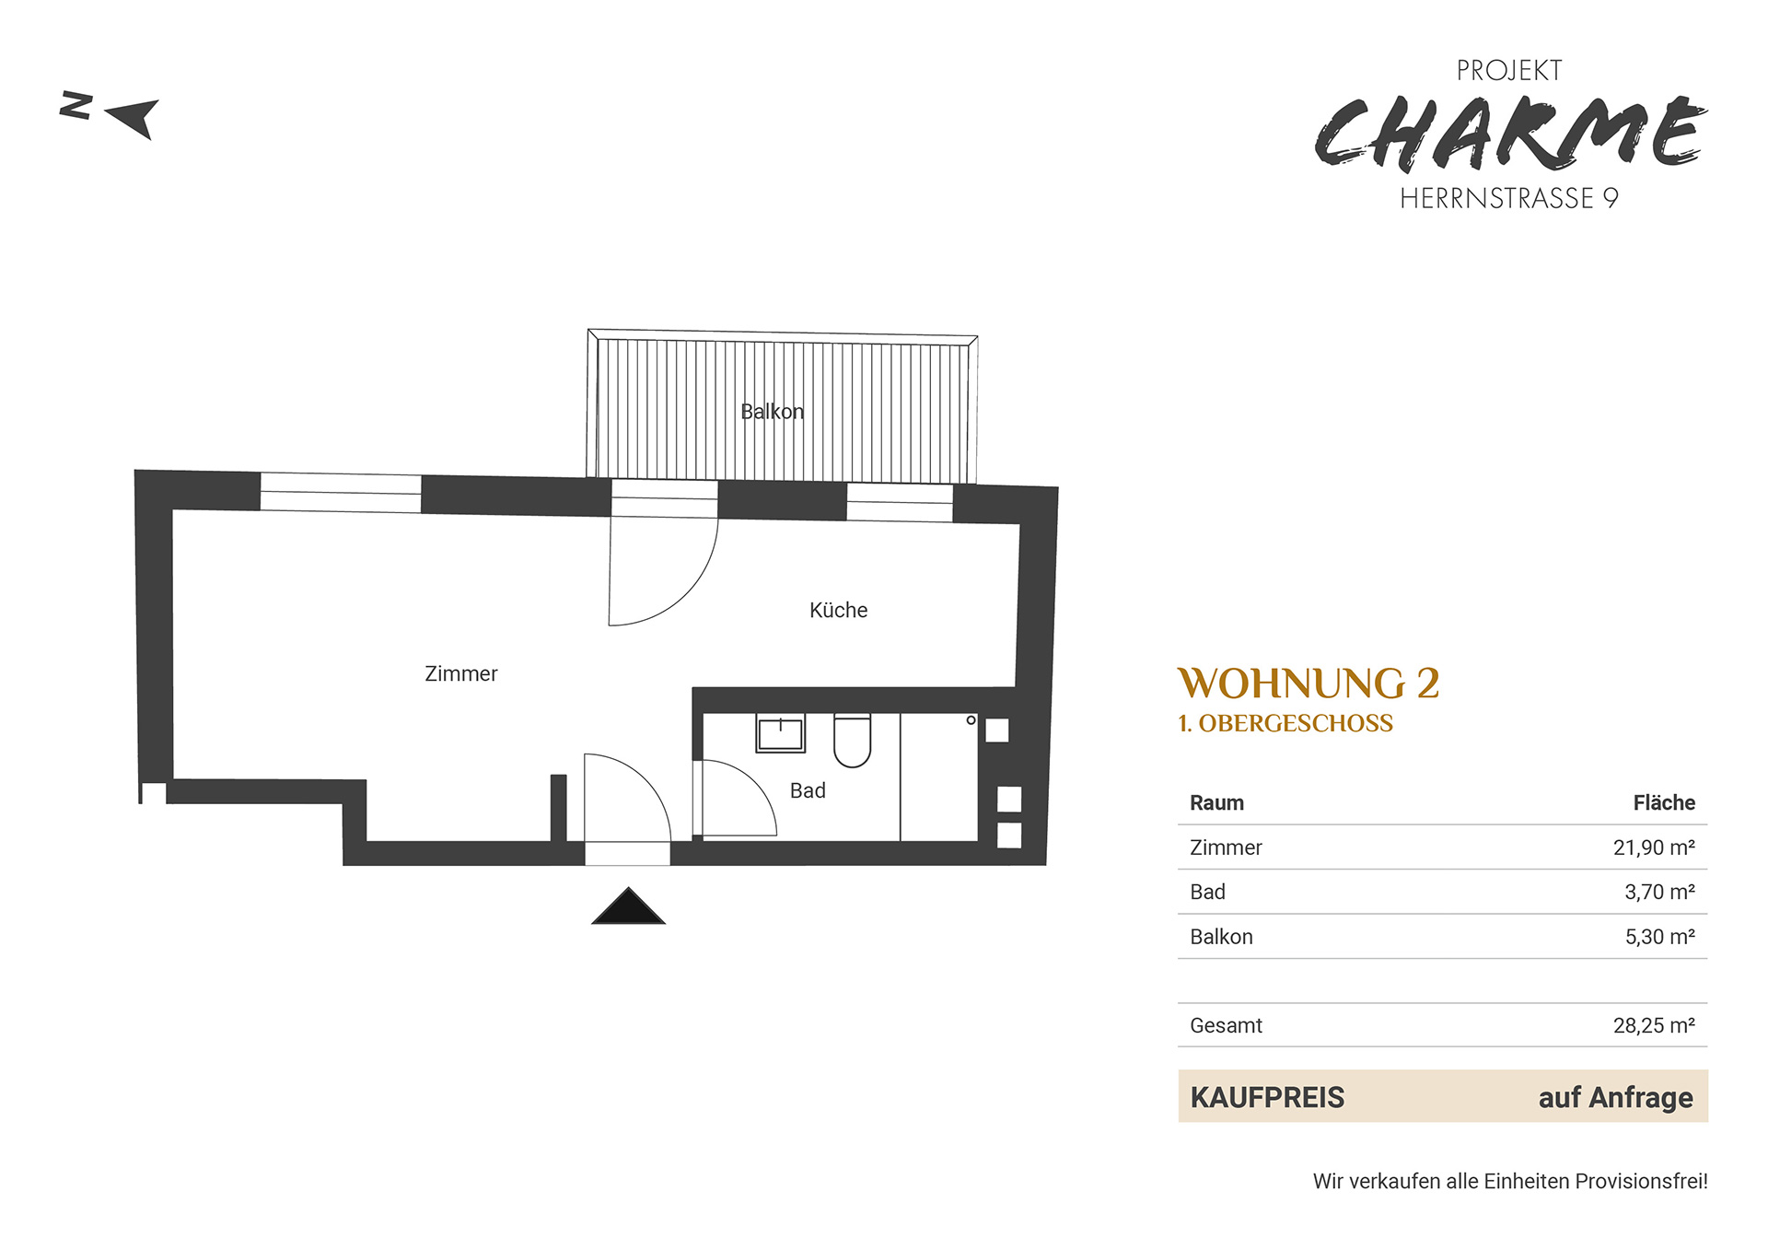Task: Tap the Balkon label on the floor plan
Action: [x=772, y=412]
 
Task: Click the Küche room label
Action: [x=838, y=610]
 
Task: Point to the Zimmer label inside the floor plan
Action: [x=460, y=673]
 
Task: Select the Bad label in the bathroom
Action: [x=808, y=790]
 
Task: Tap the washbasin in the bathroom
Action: [x=781, y=733]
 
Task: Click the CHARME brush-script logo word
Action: [x=1510, y=134]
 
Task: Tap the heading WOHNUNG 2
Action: [x=1309, y=683]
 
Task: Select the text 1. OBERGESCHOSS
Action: [x=1285, y=724]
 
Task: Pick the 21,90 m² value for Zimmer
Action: [x=1654, y=847]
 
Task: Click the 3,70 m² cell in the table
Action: [x=1659, y=892]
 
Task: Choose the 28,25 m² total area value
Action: [x=1654, y=1025]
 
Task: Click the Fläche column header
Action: [x=1664, y=802]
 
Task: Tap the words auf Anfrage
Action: [x=1615, y=1097]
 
